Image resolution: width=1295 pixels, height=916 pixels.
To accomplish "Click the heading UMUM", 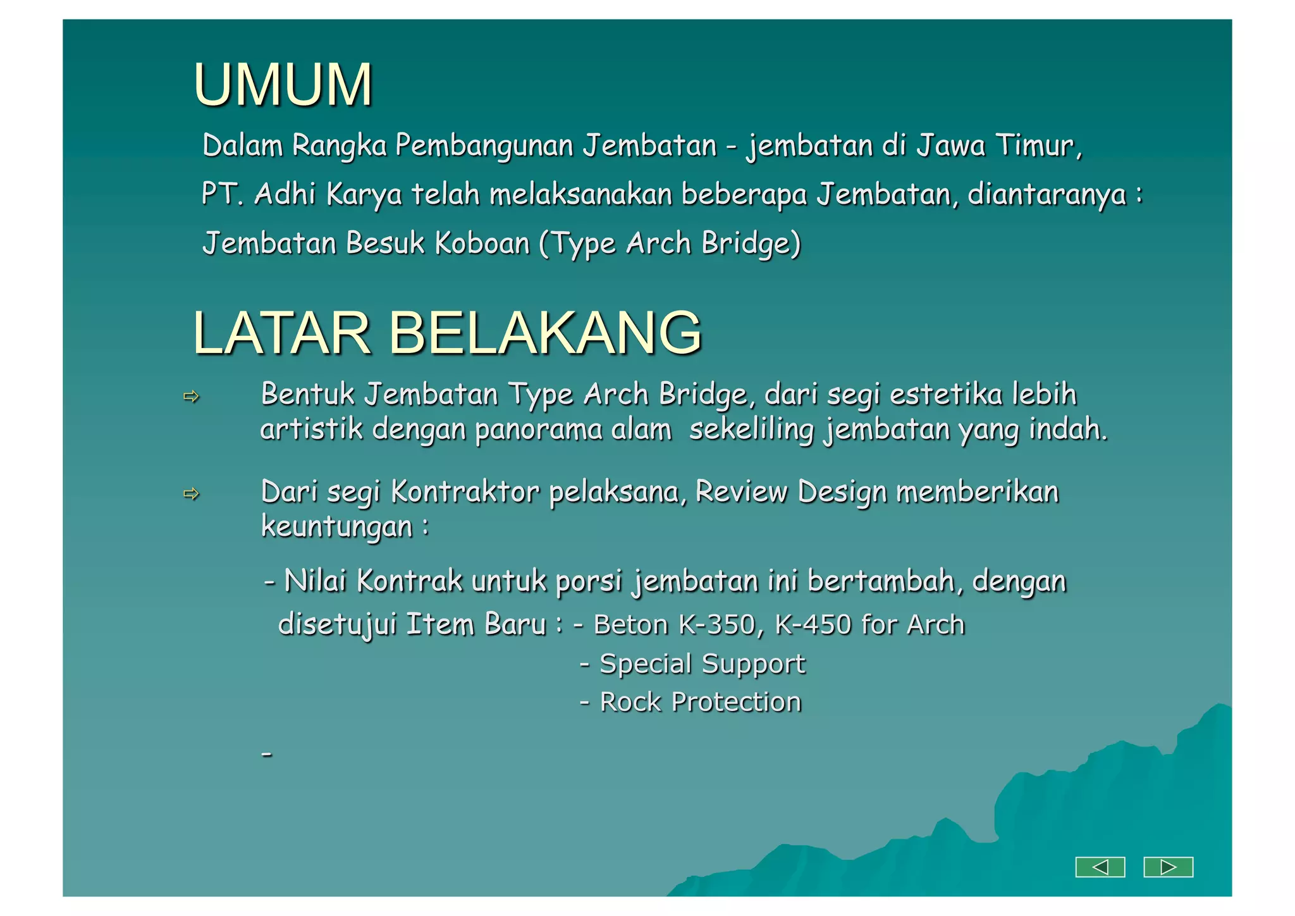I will point(283,85).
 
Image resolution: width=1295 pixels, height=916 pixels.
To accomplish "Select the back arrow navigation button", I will point(1100,867).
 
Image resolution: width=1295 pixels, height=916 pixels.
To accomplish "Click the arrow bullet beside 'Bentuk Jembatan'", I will point(191,397).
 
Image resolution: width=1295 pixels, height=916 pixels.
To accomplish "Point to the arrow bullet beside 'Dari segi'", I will point(191,493).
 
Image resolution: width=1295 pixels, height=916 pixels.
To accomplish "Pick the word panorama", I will point(538,430).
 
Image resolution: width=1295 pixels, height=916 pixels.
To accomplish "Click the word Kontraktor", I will point(465,492).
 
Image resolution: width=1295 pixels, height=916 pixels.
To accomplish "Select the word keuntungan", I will point(336,526).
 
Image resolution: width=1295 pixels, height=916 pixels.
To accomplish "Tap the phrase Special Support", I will point(702,664).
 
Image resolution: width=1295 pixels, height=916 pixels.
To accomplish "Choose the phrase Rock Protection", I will point(700,702).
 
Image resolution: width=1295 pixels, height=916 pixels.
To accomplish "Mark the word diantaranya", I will point(1047,194).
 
